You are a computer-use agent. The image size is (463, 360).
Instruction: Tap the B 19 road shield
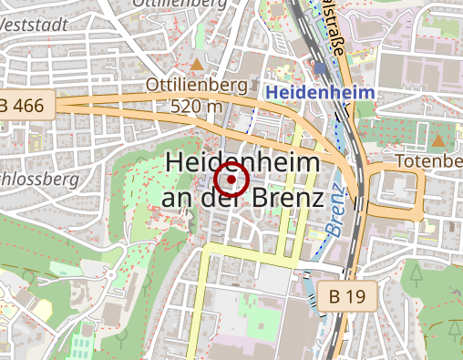point(346,296)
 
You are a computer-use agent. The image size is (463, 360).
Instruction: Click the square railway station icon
point(320,67)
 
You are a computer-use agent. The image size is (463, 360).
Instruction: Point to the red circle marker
point(232,180)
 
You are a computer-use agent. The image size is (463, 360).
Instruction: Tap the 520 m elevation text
point(196,106)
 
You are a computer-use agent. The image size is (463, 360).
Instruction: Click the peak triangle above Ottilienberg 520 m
point(197,65)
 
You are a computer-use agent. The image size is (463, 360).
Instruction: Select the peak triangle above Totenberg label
point(438,140)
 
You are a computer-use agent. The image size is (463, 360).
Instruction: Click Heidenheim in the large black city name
point(242,164)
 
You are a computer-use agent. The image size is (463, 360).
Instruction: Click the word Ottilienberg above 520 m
point(196,87)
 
